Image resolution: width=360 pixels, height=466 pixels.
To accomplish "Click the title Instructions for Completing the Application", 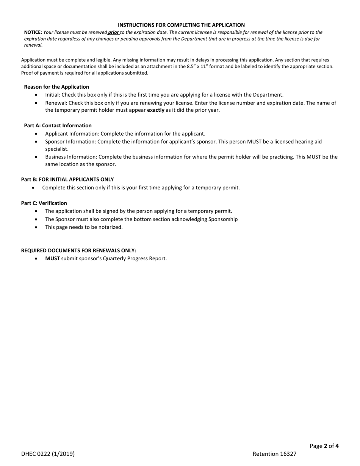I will coord(181,25).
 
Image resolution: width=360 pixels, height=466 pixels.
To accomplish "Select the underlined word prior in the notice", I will coord(114,33).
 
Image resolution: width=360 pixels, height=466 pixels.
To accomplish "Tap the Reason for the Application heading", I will coord(56,87).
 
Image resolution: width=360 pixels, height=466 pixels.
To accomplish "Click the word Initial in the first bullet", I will coord(52,95).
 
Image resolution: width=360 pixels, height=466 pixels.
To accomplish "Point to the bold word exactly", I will coord(155,110).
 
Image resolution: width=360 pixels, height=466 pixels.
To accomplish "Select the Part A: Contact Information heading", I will coord(58,125).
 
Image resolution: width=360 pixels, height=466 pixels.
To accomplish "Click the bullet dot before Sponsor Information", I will coord(36,142).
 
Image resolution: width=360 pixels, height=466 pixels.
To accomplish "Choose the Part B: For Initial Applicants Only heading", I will coord(67,180).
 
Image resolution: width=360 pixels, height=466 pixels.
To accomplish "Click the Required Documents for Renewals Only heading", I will coord(78,250).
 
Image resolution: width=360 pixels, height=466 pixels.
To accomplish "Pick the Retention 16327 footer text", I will coord(274,454).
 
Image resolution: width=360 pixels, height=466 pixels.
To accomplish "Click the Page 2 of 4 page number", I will coord(324,446).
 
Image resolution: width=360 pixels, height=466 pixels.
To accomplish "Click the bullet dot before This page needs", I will coord(36,227).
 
